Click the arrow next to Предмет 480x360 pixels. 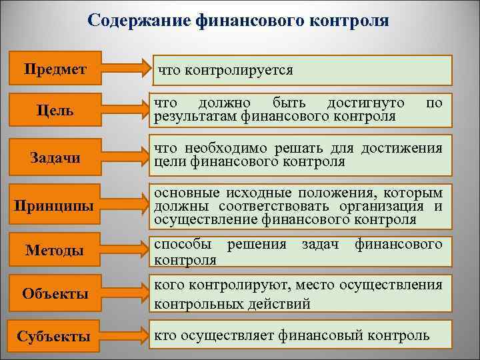(x=127, y=68)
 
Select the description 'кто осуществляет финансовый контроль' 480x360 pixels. (x=292, y=334)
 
